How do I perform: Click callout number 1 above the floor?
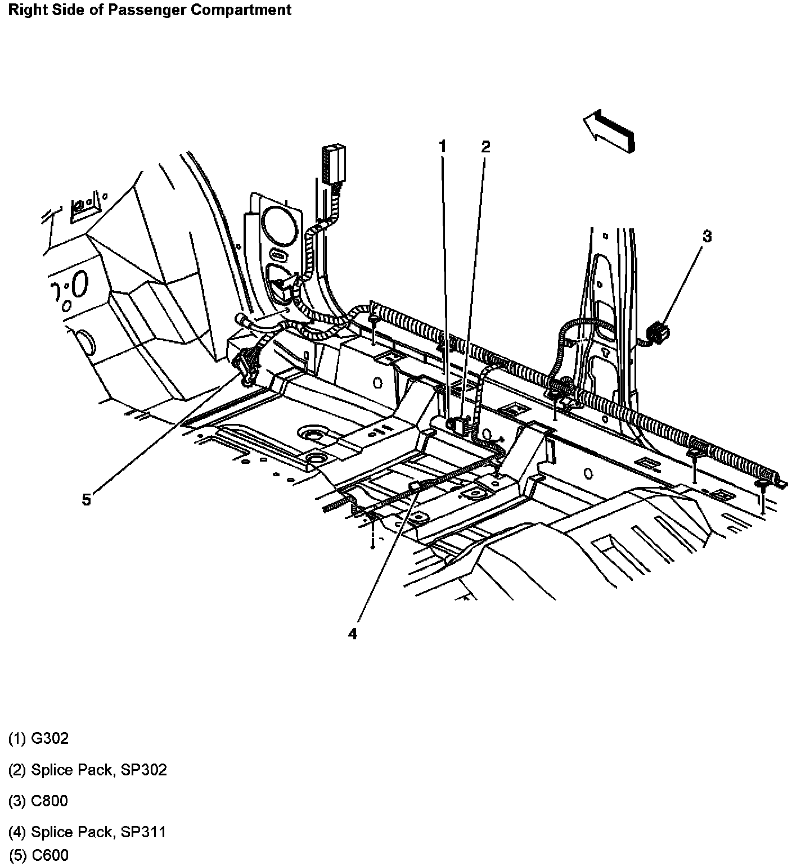pos(443,147)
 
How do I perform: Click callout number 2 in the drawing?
pos(485,147)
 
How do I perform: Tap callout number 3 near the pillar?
pos(706,237)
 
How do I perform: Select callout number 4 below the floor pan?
pos(353,634)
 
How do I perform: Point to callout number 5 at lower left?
pos(86,499)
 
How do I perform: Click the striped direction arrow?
pos(610,130)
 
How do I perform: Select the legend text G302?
pos(49,738)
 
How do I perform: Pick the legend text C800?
pos(49,801)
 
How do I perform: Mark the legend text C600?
pos(50,855)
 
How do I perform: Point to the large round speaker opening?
pos(280,224)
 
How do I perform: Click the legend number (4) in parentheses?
pos(17,832)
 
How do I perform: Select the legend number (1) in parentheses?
pos(17,738)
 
